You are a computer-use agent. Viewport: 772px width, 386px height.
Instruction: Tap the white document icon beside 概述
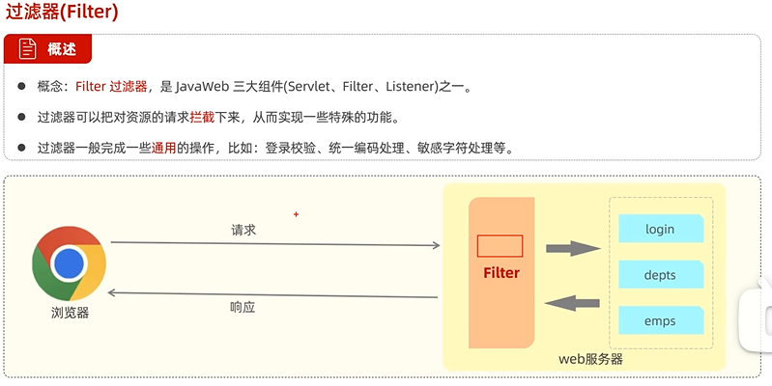(26, 49)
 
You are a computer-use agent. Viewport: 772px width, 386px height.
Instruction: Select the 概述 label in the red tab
(62, 49)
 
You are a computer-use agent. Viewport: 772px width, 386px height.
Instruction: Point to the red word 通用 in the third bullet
(162, 148)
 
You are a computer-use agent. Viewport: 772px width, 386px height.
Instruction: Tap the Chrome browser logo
(69, 262)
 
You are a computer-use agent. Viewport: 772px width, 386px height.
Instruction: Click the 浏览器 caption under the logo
(70, 313)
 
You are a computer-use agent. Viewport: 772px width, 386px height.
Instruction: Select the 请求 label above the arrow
(243, 231)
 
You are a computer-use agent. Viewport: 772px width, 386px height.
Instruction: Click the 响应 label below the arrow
(243, 307)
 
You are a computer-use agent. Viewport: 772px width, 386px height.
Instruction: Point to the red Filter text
(501, 273)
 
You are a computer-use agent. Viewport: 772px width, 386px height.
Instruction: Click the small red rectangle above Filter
(500, 246)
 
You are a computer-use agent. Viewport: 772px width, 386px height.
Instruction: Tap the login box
(660, 230)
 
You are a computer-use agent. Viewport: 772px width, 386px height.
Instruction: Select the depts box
(660, 275)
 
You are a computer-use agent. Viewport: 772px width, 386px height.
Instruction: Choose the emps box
(660, 321)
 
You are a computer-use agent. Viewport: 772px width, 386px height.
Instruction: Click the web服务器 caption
(590, 359)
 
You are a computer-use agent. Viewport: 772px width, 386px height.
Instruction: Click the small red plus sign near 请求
(297, 214)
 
